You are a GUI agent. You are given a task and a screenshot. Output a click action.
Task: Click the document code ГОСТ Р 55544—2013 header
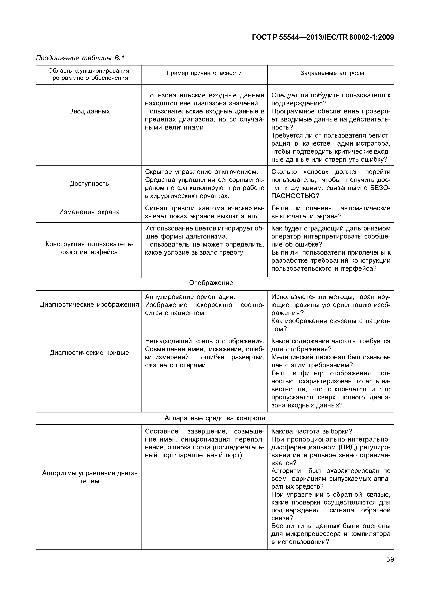[x=323, y=37]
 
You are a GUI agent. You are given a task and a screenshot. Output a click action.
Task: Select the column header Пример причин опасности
[x=204, y=73]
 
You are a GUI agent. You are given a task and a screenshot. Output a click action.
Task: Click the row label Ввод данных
[x=89, y=111]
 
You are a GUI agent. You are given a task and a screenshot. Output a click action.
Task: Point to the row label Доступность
[x=89, y=183]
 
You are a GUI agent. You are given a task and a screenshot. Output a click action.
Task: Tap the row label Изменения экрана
[x=89, y=212]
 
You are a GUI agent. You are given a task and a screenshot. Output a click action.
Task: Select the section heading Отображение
[x=211, y=283]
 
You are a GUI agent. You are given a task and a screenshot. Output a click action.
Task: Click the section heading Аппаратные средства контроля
[x=214, y=418]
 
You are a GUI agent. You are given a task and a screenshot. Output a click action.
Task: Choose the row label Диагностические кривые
[x=89, y=353]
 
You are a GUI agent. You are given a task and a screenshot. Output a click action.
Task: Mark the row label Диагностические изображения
[x=89, y=305]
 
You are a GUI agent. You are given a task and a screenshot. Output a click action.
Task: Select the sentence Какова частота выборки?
[x=311, y=431]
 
